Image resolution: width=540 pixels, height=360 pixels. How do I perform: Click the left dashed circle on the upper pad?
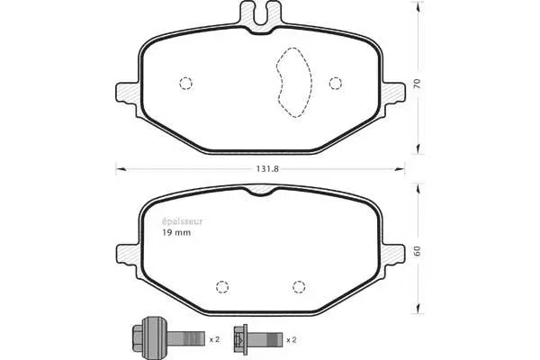coord(186,84)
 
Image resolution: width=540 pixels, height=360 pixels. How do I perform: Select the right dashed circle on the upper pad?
coord(336,84)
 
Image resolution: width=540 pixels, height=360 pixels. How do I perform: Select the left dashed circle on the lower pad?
coord(220,287)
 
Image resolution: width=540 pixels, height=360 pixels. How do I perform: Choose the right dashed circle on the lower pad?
coord(300,287)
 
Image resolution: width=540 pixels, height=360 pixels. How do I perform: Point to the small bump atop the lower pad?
coord(260,192)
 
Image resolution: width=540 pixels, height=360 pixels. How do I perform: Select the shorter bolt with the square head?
coord(256,338)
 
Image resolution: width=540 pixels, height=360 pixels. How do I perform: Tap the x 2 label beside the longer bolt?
coord(214,339)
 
